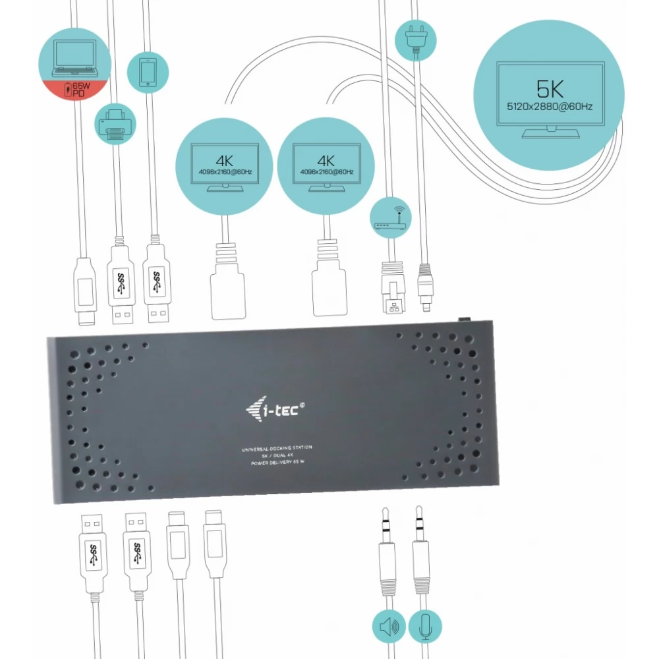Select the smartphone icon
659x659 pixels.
click(x=147, y=71)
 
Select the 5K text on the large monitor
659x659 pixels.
click(x=550, y=88)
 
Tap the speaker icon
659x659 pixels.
click(x=389, y=627)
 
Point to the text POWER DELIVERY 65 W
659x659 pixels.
click(x=276, y=463)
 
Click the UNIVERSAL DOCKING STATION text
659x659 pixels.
click(x=276, y=448)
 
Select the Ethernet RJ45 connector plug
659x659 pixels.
click(x=389, y=290)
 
